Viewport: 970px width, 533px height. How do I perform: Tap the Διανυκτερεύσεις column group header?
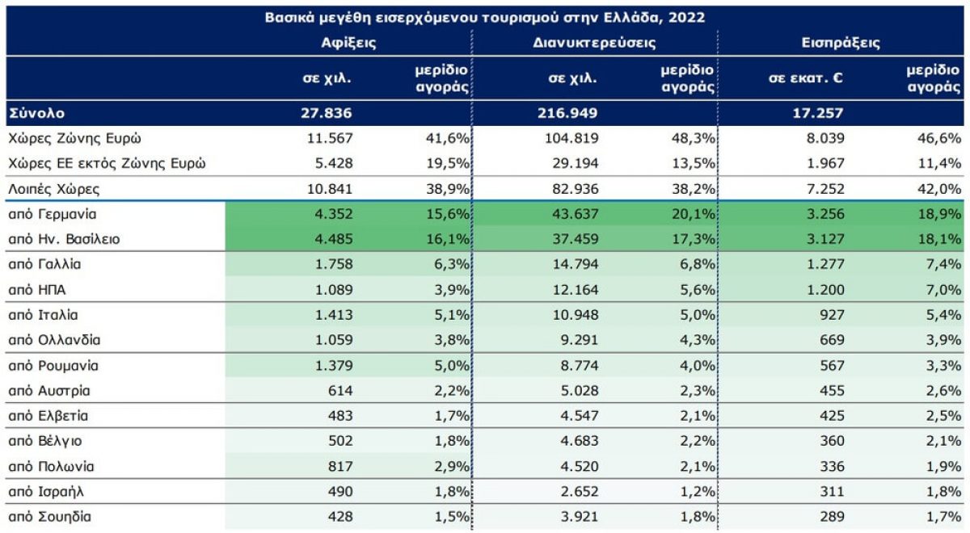[x=594, y=43]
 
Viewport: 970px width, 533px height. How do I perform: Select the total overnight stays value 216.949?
[x=568, y=113]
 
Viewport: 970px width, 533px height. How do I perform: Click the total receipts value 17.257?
[x=818, y=113]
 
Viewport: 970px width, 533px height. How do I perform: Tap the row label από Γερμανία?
[x=53, y=215]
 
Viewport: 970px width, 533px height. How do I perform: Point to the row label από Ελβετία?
[x=48, y=416]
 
